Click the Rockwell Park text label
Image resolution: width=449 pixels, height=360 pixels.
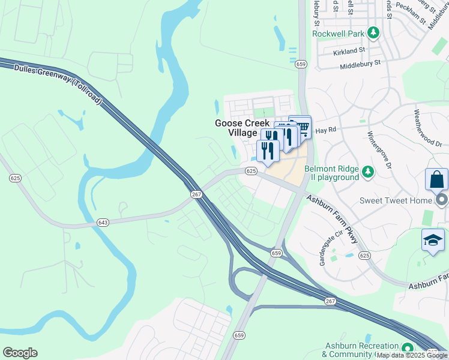(x=338, y=34)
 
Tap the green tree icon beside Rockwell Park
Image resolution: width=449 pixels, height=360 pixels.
(x=373, y=32)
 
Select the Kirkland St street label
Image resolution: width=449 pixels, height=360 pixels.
(x=349, y=52)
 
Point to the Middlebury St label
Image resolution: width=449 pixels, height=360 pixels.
(x=360, y=63)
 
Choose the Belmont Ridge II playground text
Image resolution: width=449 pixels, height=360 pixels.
(x=331, y=173)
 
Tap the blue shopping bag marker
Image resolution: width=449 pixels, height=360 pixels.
(x=436, y=180)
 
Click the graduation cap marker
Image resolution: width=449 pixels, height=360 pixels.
(x=433, y=241)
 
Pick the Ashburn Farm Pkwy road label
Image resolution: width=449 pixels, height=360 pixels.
(x=332, y=219)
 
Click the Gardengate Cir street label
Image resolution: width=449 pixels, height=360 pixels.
(x=331, y=248)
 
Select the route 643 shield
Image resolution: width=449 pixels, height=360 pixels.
(x=103, y=223)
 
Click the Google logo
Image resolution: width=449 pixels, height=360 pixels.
(x=20, y=353)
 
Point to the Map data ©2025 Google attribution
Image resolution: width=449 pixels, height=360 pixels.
(x=412, y=355)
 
